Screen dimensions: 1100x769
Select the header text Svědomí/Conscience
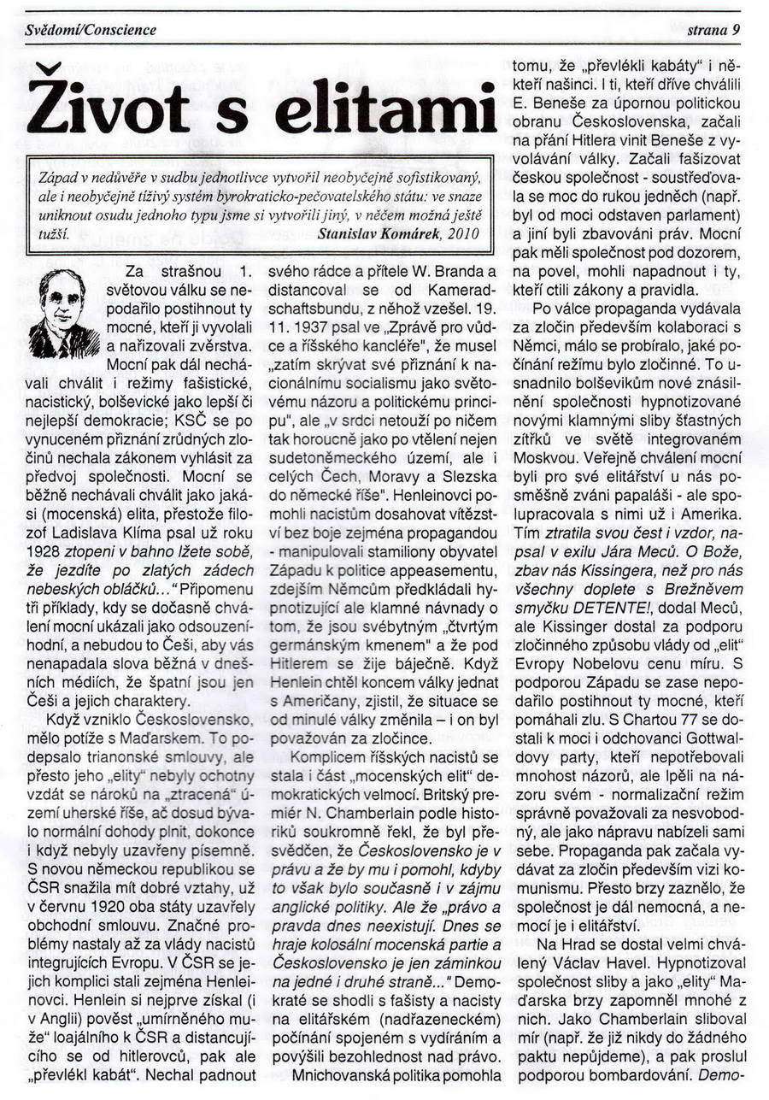pyautogui.click(x=91, y=30)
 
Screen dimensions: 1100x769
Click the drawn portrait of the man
pyautogui.click(x=62, y=313)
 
